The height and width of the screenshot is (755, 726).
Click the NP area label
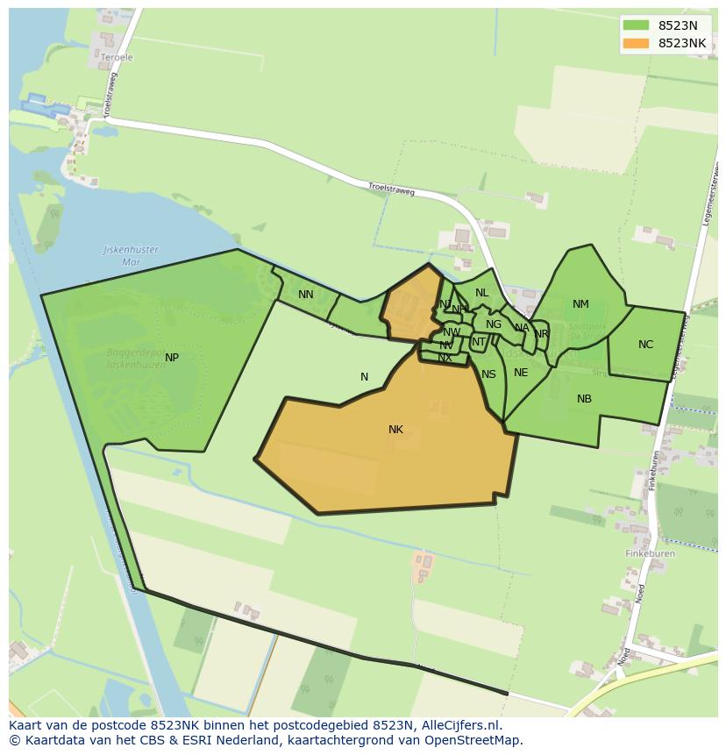point(172,358)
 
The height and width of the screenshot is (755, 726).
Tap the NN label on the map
point(305,295)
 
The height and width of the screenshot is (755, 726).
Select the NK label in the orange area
point(395,430)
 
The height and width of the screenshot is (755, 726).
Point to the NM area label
point(580,304)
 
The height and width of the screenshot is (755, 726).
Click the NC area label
point(645,345)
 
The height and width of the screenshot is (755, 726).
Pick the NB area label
point(584,399)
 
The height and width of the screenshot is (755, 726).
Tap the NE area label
point(521,373)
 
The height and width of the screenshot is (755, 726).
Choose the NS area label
point(488,374)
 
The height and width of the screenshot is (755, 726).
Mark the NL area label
point(481,293)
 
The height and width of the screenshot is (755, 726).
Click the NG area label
point(494,324)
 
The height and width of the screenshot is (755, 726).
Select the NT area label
point(479,342)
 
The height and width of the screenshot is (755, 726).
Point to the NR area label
point(541,334)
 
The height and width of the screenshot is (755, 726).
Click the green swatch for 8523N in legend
point(636,25)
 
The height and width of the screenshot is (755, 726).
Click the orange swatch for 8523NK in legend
point(636,43)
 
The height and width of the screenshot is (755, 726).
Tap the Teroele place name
point(117,58)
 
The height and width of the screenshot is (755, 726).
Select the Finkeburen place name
point(650,554)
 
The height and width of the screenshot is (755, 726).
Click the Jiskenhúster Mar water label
point(131,255)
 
